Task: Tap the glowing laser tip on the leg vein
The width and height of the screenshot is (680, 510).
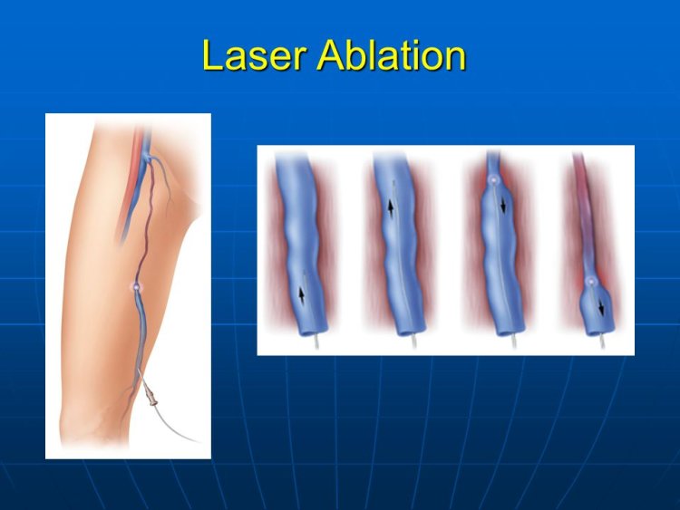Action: pyautogui.click(x=137, y=286)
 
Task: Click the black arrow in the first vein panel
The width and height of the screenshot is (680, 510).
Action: pyautogui.click(x=301, y=294)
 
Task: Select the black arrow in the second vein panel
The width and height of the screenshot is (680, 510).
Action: pyautogui.click(x=392, y=207)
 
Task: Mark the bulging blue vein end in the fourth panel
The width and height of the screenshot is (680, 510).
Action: pyautogui.click(x=594, y=308)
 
